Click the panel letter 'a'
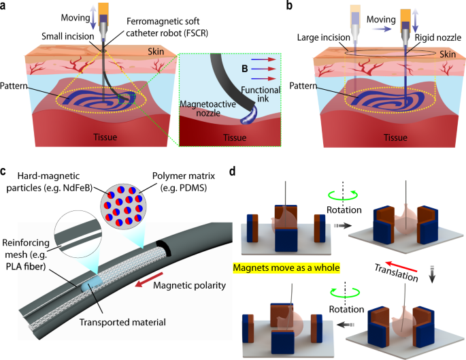[x=6, y=7]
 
